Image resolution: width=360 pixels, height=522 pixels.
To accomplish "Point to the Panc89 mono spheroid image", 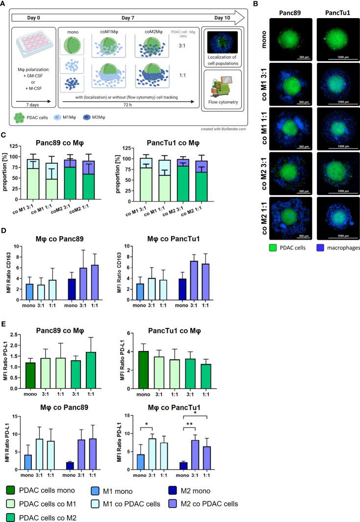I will tap(288, 38).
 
